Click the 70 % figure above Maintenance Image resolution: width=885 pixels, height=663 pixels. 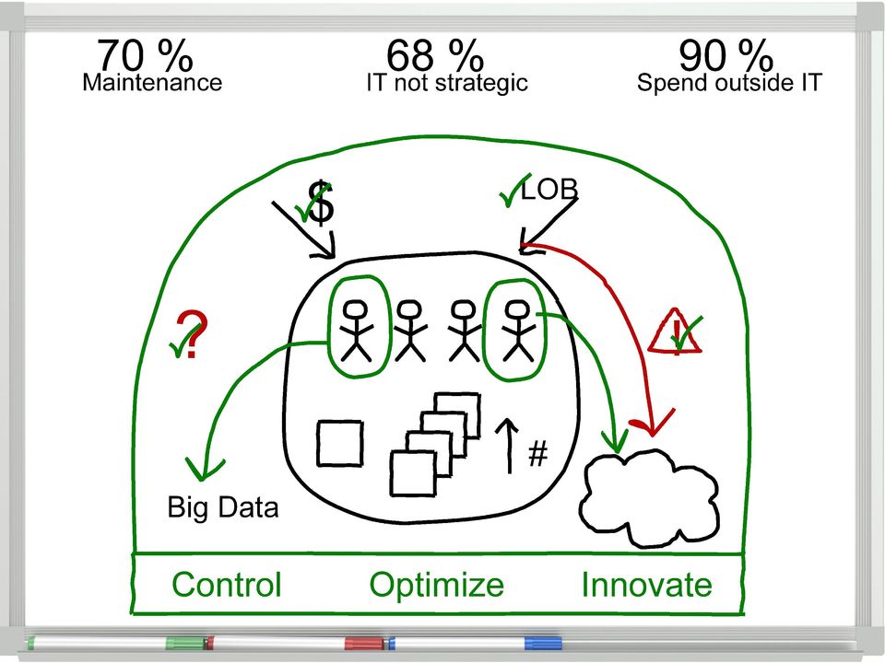click(145, 55)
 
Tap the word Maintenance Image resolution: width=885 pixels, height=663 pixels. click(152, 82)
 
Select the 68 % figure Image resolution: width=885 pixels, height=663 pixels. click(434, 55)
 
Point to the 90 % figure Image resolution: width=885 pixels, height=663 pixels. click(726, 55)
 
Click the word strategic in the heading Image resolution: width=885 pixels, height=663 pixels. click(481, 84)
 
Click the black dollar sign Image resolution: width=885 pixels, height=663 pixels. click(322, 203)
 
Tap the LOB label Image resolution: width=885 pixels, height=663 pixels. click(549, 190)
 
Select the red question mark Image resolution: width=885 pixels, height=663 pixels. click(192, 333)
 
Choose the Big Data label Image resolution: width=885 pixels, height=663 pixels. click(223, 507)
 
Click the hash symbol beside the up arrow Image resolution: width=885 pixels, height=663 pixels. click(537, 454)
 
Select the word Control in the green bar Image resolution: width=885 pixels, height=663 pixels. click(227, 585)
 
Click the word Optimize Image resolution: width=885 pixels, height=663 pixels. click(436, 586)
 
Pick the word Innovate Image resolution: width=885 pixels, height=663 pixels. click(647, 585)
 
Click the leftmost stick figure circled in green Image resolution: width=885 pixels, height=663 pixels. click(356, 331)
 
